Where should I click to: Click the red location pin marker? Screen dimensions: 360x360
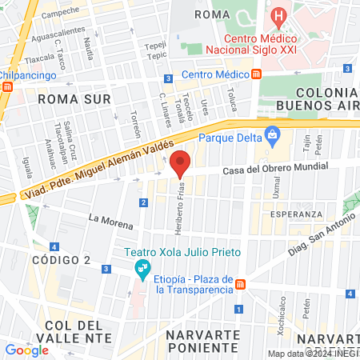click(180, 162)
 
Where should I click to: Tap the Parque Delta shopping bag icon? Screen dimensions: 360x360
click(272, 134)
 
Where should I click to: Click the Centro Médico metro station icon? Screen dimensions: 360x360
click(256, 74)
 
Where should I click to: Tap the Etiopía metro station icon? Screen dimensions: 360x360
click(240, 283)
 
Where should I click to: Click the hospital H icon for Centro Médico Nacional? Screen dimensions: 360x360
click(278, 15)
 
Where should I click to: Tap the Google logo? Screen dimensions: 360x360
click(27, 350)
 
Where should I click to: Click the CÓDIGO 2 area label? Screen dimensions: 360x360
click(62, 260)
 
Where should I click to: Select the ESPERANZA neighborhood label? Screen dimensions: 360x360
click(296, 214)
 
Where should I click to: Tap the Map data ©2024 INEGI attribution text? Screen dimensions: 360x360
click(313, 354)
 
